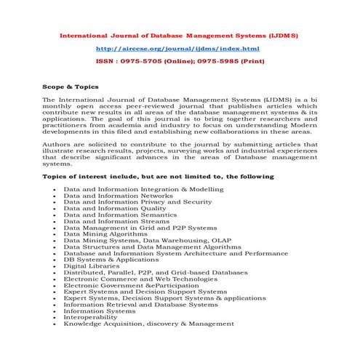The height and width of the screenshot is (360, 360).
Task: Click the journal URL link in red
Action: click(x=177, y=48)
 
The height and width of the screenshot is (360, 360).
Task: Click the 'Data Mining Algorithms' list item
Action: click(x=105, y=234)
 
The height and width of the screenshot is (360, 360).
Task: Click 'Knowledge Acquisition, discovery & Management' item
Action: click(x=148, y=324)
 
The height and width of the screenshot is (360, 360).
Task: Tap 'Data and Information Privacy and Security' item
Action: click(x=137, y=201)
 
